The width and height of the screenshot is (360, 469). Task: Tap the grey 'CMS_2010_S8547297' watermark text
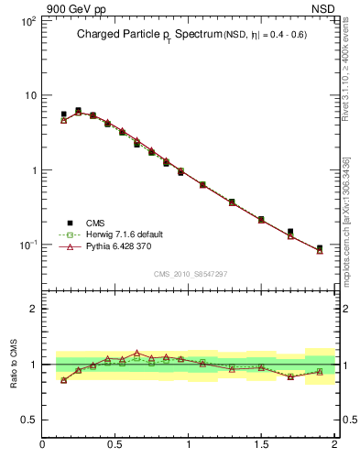point(191,274)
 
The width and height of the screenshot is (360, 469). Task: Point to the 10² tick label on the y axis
point(27,20)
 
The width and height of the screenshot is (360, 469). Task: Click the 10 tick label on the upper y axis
point(29,95)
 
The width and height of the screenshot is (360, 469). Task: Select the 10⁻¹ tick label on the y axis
point(27,245)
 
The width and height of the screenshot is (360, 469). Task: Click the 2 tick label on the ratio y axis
point(33,309)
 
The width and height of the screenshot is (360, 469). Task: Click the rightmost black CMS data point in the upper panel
point(320,248)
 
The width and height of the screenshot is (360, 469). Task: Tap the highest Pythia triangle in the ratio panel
point(137,353)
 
